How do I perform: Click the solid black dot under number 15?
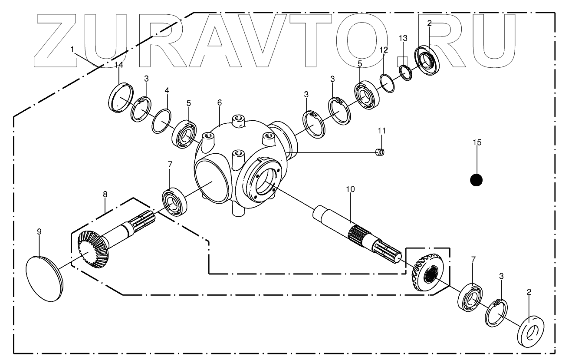point(477,180)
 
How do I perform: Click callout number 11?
point(381,130)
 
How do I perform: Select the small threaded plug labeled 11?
point(380,152)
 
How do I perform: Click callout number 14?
point(118,65)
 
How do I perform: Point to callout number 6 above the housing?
point(219,102)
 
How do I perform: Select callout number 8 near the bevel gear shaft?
point(105,195)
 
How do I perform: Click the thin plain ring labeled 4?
point(161,122)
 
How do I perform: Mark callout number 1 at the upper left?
point(72,50)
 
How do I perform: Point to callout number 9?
point(39,231)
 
